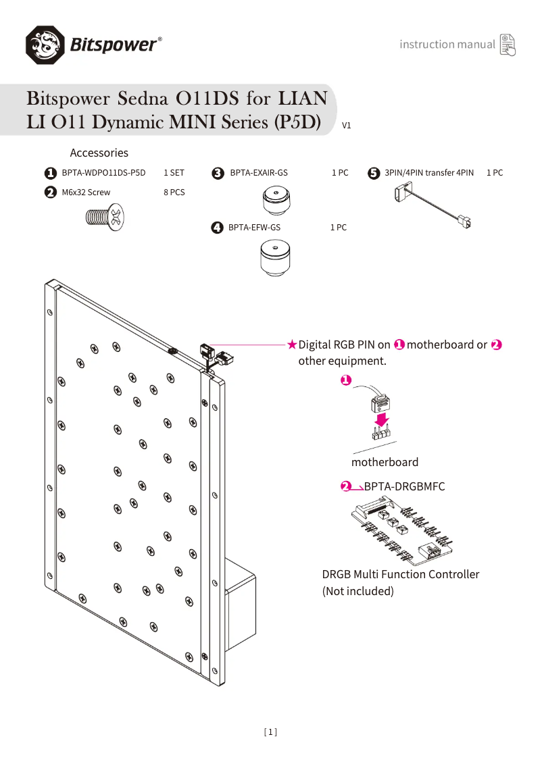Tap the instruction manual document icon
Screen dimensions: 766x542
507,45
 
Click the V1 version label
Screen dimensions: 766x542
347,126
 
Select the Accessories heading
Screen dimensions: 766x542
99,153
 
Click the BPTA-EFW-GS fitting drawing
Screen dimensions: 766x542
275,260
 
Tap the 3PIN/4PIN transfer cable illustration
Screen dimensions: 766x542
433,207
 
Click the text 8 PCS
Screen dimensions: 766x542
174,193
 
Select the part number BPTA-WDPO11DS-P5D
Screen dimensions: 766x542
103,173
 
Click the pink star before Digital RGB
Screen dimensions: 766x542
292,344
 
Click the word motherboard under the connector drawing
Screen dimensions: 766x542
385,462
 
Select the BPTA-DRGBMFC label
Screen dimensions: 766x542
404,486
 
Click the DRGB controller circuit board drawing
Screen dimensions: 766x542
403,533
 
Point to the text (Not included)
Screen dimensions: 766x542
358,591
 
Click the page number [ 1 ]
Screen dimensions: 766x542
270,732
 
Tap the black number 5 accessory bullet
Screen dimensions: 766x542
374,173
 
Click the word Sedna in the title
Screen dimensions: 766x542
143,99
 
